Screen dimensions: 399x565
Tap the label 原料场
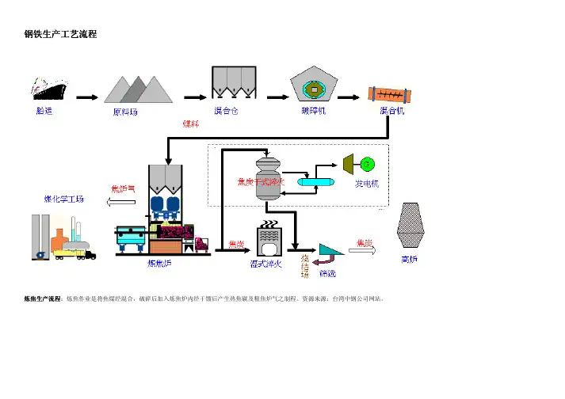[124, 112]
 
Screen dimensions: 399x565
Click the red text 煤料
[191, 123]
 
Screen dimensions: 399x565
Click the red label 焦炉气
[123, 189]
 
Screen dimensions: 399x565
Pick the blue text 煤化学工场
[63, 199]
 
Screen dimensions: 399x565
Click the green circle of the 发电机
[366, 164]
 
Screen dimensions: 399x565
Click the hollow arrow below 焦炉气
[120, 203]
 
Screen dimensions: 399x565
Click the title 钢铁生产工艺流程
[61, 36]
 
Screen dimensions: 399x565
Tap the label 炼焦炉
[160, 264]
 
